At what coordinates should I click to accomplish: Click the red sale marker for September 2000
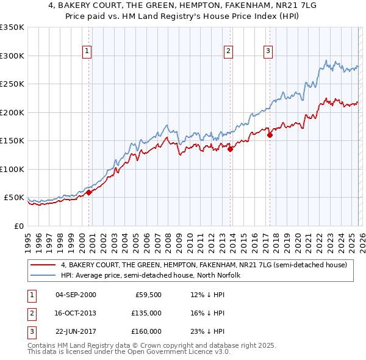(88, 192)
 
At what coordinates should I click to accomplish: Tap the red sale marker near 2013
(231, 149)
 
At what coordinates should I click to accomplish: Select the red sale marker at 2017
(270, 135)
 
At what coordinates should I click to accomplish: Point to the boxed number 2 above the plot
(229, 51)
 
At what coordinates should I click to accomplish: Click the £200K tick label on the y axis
(12, 112)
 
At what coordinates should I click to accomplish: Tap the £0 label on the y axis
(19, 226)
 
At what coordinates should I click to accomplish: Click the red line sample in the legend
(44, 265)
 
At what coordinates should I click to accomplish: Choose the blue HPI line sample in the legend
(44, 275)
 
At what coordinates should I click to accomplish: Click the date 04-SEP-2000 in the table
(76, 295)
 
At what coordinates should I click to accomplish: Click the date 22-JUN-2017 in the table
(76, 331)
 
